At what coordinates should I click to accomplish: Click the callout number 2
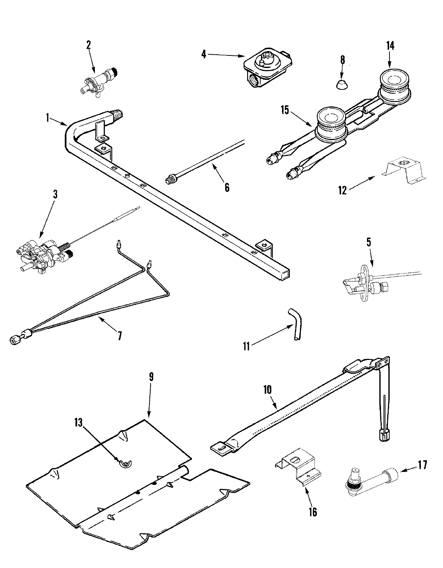(88, 45)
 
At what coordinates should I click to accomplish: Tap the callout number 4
(203, 54)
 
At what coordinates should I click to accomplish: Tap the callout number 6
(227, 188)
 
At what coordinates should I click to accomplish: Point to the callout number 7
(119, 336)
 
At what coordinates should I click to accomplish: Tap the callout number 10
(268, 389)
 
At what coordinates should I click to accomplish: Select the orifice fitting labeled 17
(373, 479)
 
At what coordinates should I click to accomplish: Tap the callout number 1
(48, 118)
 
